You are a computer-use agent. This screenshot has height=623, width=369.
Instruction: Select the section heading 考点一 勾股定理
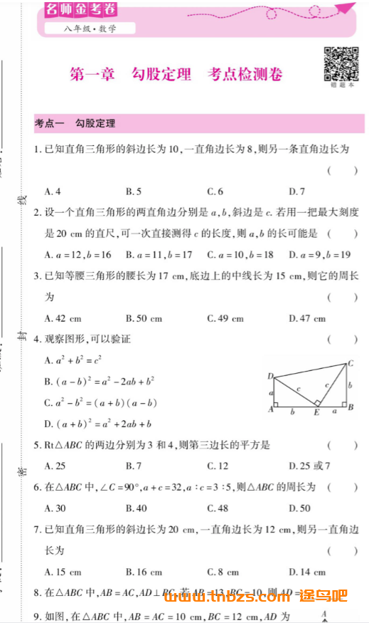point(75,123)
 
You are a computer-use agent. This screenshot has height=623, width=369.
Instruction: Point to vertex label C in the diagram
point(350,363)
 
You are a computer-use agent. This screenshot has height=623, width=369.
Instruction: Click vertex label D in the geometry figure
point(270,376)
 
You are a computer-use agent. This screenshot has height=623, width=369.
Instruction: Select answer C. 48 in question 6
point(218,508)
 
